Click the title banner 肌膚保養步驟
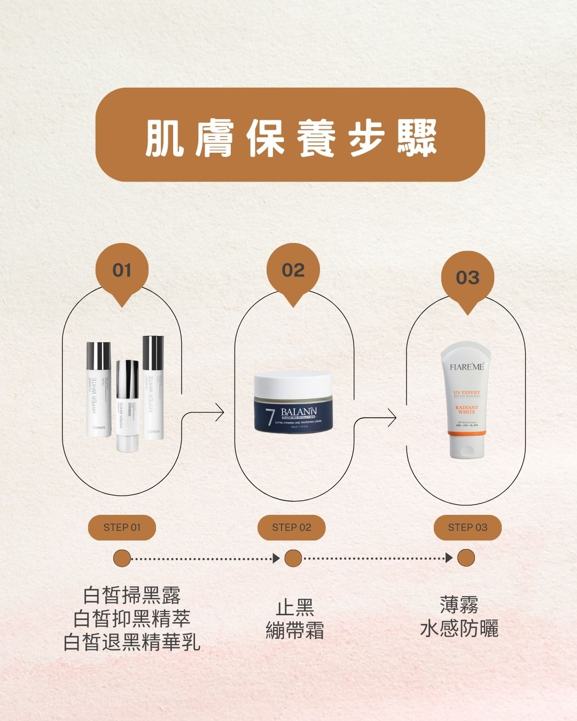coord(290,135)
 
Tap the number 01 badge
coord(122,270)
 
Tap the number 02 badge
coord(293,270)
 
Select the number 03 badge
coord(467,278)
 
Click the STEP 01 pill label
coord(122,528)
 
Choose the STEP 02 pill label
coord(291,528)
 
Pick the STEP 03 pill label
coord(467,528)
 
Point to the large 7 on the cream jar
coord(270,417)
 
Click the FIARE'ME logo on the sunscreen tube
coord(466,367)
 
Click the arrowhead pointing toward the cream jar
coord(219,413)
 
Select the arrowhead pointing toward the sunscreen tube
coord(392,418)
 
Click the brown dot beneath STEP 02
coord(293,559)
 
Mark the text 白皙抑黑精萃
coord(131,619)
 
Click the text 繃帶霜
coord(295,631)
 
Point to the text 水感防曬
coord(459,629)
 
